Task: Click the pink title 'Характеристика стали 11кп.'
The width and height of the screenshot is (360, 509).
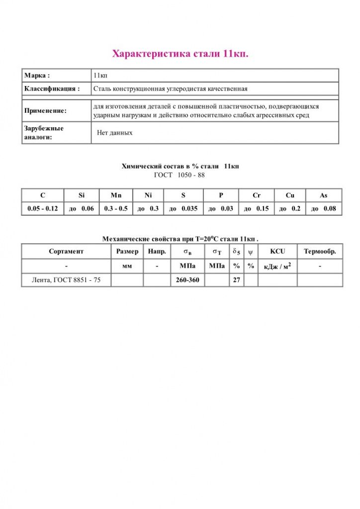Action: [180, 53]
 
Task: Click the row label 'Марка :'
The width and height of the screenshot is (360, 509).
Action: [37, 76]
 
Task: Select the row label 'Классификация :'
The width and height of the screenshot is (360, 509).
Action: [52, 89]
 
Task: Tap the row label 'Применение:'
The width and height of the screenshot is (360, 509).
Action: [45, 111]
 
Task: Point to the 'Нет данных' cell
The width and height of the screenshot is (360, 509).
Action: [115, 133]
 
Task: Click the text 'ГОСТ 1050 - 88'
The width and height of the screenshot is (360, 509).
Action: [180, 175]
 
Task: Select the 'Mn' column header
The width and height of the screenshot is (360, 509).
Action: [116, 195]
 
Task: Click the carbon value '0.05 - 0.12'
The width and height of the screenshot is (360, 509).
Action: [42, 209]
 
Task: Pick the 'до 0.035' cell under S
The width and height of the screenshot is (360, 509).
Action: [183, 209]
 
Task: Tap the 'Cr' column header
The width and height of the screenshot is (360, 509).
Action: [257, 195]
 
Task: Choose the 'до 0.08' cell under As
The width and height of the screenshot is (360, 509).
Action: [323, 209]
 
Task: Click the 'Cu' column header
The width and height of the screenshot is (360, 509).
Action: [290, 195]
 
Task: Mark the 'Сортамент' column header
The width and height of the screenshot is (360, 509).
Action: [66, 252]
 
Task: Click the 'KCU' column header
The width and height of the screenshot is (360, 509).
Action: [277, 252]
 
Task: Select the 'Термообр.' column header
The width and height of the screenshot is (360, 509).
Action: [320, 252]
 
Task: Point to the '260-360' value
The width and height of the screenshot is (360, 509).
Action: [187, 280]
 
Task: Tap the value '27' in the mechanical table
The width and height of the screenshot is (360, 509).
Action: [236, 280]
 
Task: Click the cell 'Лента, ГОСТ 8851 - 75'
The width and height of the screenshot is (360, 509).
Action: [66, 280]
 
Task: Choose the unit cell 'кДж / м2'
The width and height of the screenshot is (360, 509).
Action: [277, 266]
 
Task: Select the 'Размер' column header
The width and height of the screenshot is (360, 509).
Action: [127, 252]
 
